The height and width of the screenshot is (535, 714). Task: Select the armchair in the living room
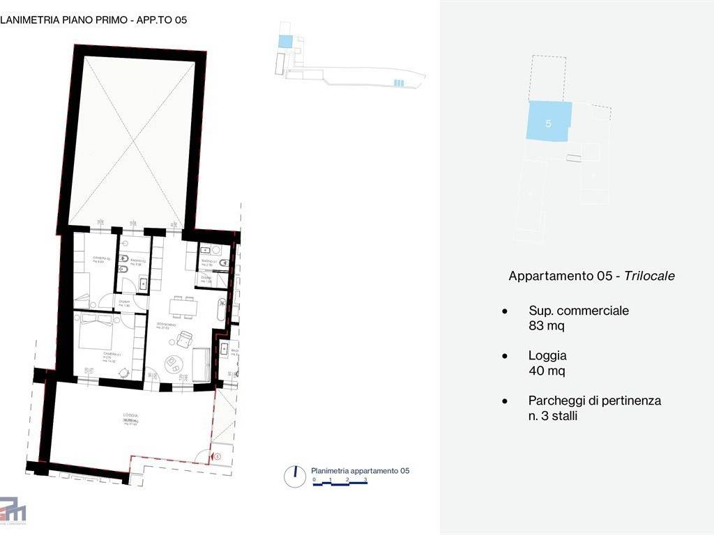(185, 339)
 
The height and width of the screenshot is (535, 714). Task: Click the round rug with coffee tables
(172, 363)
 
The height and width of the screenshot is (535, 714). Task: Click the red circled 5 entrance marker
(217, 457)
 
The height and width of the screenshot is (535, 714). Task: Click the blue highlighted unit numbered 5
(549, 123)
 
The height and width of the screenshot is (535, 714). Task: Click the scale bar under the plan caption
(340, 486)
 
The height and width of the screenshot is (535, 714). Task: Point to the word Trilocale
(649, 276)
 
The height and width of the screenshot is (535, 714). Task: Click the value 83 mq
(547, 325)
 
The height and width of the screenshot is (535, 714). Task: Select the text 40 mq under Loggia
(547, 371)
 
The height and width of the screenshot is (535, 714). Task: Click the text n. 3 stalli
(553, 416)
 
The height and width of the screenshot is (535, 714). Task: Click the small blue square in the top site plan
(285, 42)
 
